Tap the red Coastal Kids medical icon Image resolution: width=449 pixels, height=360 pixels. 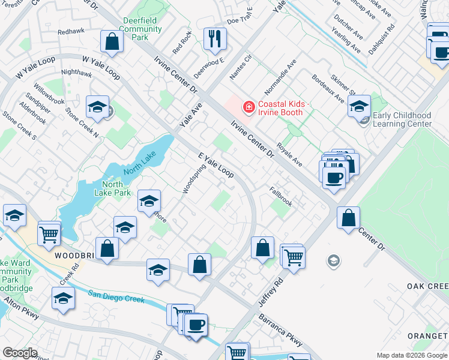[247, 107]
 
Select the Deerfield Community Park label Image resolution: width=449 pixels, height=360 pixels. [139, 28]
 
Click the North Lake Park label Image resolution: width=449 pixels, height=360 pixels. [116, 188]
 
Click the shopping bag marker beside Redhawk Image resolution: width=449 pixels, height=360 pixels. [112, 42]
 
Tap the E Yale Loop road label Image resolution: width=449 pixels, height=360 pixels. [216, 164]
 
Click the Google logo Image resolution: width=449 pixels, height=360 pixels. [20, 353]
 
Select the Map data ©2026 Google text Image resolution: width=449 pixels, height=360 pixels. [411, 355]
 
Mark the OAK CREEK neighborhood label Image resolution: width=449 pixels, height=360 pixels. [428, 286]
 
